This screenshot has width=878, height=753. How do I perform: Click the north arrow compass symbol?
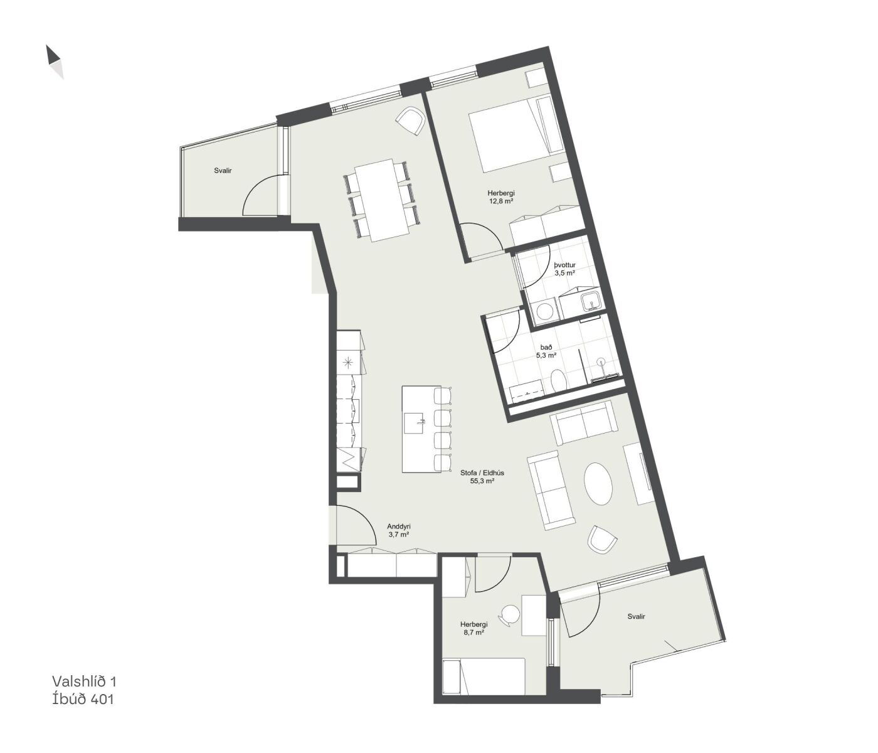tap(55, 62)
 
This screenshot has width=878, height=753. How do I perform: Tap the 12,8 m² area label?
tap(501, 201)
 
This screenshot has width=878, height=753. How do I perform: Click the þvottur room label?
tap(564, 265)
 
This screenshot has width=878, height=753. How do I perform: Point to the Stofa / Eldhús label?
tap(482, 473)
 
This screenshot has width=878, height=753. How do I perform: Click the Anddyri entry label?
tap(399, 526)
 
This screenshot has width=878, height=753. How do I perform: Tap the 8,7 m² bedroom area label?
tap(473, 633)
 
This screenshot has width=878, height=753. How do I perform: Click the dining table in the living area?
tap(382, 200)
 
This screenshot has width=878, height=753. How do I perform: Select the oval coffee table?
tap(598, 483)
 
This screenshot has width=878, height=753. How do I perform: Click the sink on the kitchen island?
tap(415, 423)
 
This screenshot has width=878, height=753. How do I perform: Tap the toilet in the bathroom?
tap(559, 380)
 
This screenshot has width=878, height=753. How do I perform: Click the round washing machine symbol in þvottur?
tap(543, 311)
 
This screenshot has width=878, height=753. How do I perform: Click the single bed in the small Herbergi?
tap(484, 676)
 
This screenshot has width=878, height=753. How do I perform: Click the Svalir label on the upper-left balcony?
tap(223, 171)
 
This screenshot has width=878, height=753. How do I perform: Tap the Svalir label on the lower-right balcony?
tap(637, 616)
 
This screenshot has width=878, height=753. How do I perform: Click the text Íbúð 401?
tap(83, 699)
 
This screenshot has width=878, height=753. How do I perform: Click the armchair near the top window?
tap(410, 120)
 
